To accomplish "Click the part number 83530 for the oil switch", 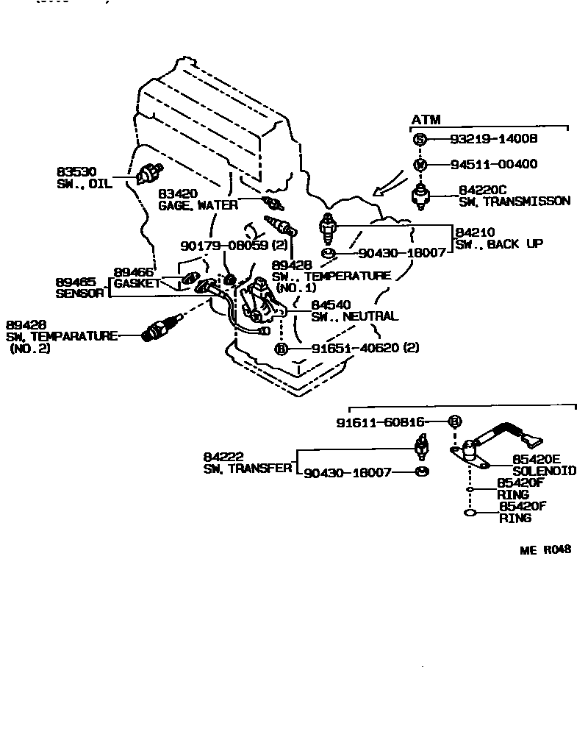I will tap(76, 171).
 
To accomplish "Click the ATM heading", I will tap(426, 120).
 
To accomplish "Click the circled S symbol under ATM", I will tap(419, 140).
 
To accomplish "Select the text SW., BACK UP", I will tap(499, 243).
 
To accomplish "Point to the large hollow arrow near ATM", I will tap(387, 187).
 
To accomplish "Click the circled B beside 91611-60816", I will tap(454, 421).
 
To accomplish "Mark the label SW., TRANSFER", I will tap(248, 469).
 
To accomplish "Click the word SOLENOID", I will tap(544, 471).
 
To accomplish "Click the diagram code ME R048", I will tap(545, 550).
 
